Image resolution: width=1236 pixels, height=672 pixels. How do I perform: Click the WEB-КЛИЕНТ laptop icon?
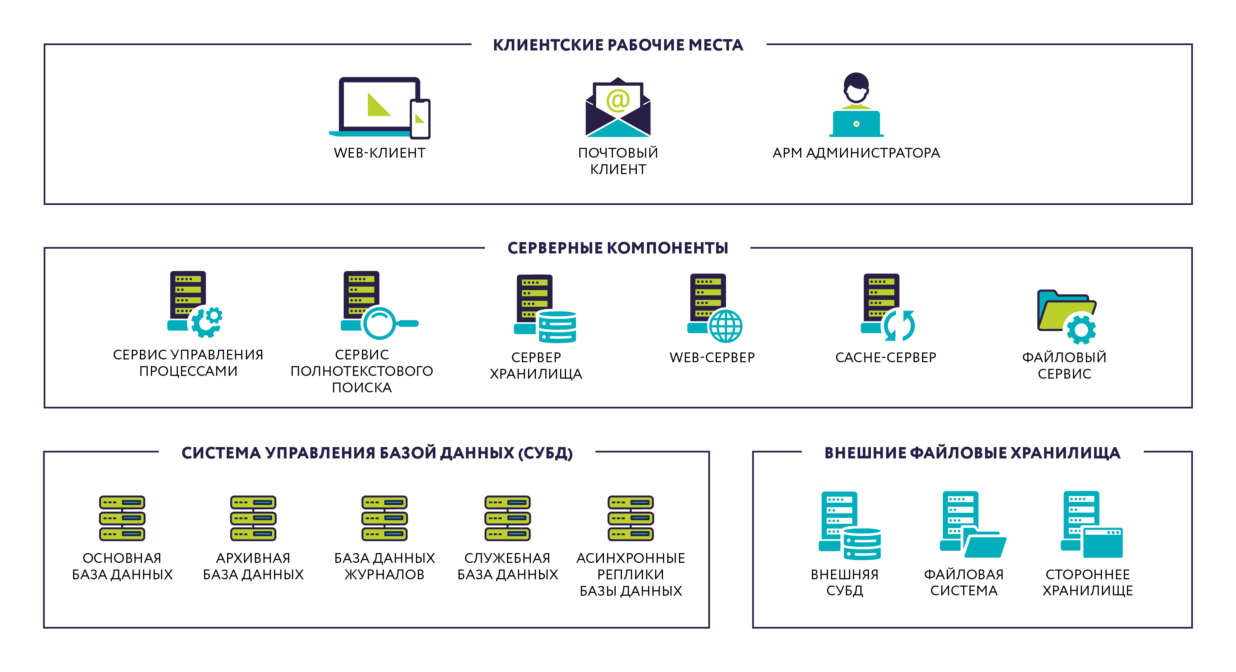(379, 108)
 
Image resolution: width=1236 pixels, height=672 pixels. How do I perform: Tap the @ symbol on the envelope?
(618, 100)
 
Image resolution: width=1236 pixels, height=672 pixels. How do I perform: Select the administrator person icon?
(856, 105)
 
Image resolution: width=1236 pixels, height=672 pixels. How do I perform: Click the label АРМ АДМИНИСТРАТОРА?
(856, 153)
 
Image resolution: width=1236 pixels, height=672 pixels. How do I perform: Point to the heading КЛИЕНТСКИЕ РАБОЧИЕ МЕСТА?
(618, 45)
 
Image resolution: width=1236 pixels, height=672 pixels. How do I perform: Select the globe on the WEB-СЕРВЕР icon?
(725, 325)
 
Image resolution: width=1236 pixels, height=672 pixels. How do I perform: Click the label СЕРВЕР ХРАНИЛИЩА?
(536, 365)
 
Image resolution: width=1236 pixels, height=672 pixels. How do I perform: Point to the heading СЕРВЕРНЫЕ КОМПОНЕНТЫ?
(618, 248)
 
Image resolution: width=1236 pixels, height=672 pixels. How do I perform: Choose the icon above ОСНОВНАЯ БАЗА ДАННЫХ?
(122, 518)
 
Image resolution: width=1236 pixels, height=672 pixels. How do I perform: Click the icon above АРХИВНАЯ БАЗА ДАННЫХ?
(253, 518)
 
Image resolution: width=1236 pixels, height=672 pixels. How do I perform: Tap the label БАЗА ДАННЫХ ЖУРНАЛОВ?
(384, 566)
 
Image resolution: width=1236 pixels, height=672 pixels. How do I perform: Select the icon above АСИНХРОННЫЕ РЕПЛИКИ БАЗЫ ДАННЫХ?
(631, 518)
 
